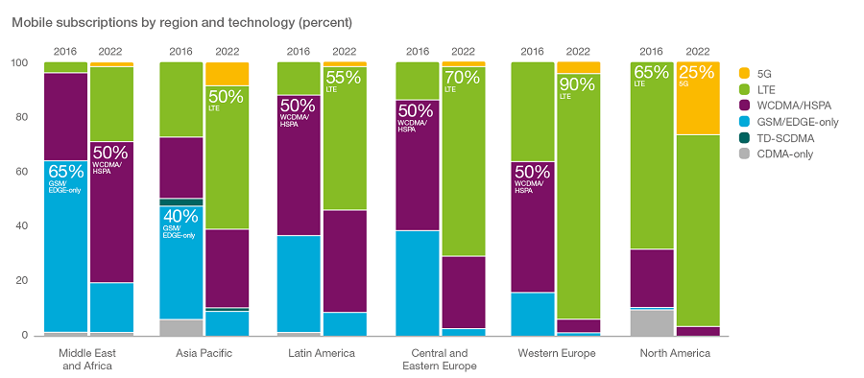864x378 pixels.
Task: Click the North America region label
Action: (x=675, y=354)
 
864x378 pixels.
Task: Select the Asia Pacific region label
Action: (x=204, y=354)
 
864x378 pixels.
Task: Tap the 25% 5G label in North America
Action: (x=696, y=74)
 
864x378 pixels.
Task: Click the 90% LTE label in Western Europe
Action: (x=577, y=86)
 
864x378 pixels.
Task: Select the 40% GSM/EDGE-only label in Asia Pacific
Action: (x=180, y=219)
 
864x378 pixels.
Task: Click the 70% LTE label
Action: (x=463, y=77)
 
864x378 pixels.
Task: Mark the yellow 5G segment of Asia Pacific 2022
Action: (x=227, y=74)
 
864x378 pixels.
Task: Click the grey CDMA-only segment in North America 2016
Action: (x=652, y=322)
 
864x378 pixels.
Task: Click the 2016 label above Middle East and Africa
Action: (x=65, y=51)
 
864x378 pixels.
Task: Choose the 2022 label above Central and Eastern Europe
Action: (x=463, y=51)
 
